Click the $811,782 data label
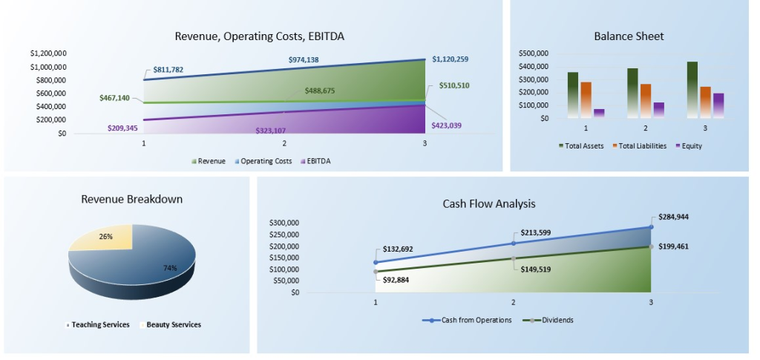(x=168, y=70)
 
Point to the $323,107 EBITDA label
(x=270, y=130)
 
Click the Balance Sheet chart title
(x=629, y=36)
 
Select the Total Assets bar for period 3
(x=692, y=89)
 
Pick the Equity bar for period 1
(x=599, y=113)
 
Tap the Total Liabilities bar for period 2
(x=645, y=100)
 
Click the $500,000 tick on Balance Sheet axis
(x=533, y=53)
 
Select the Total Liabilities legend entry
(x=639, y=145)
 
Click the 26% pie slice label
(x=106, y=237)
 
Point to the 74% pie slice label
(x=170, y=268)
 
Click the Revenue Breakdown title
(x=131, y=199)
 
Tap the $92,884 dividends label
(x=396, y=280)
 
